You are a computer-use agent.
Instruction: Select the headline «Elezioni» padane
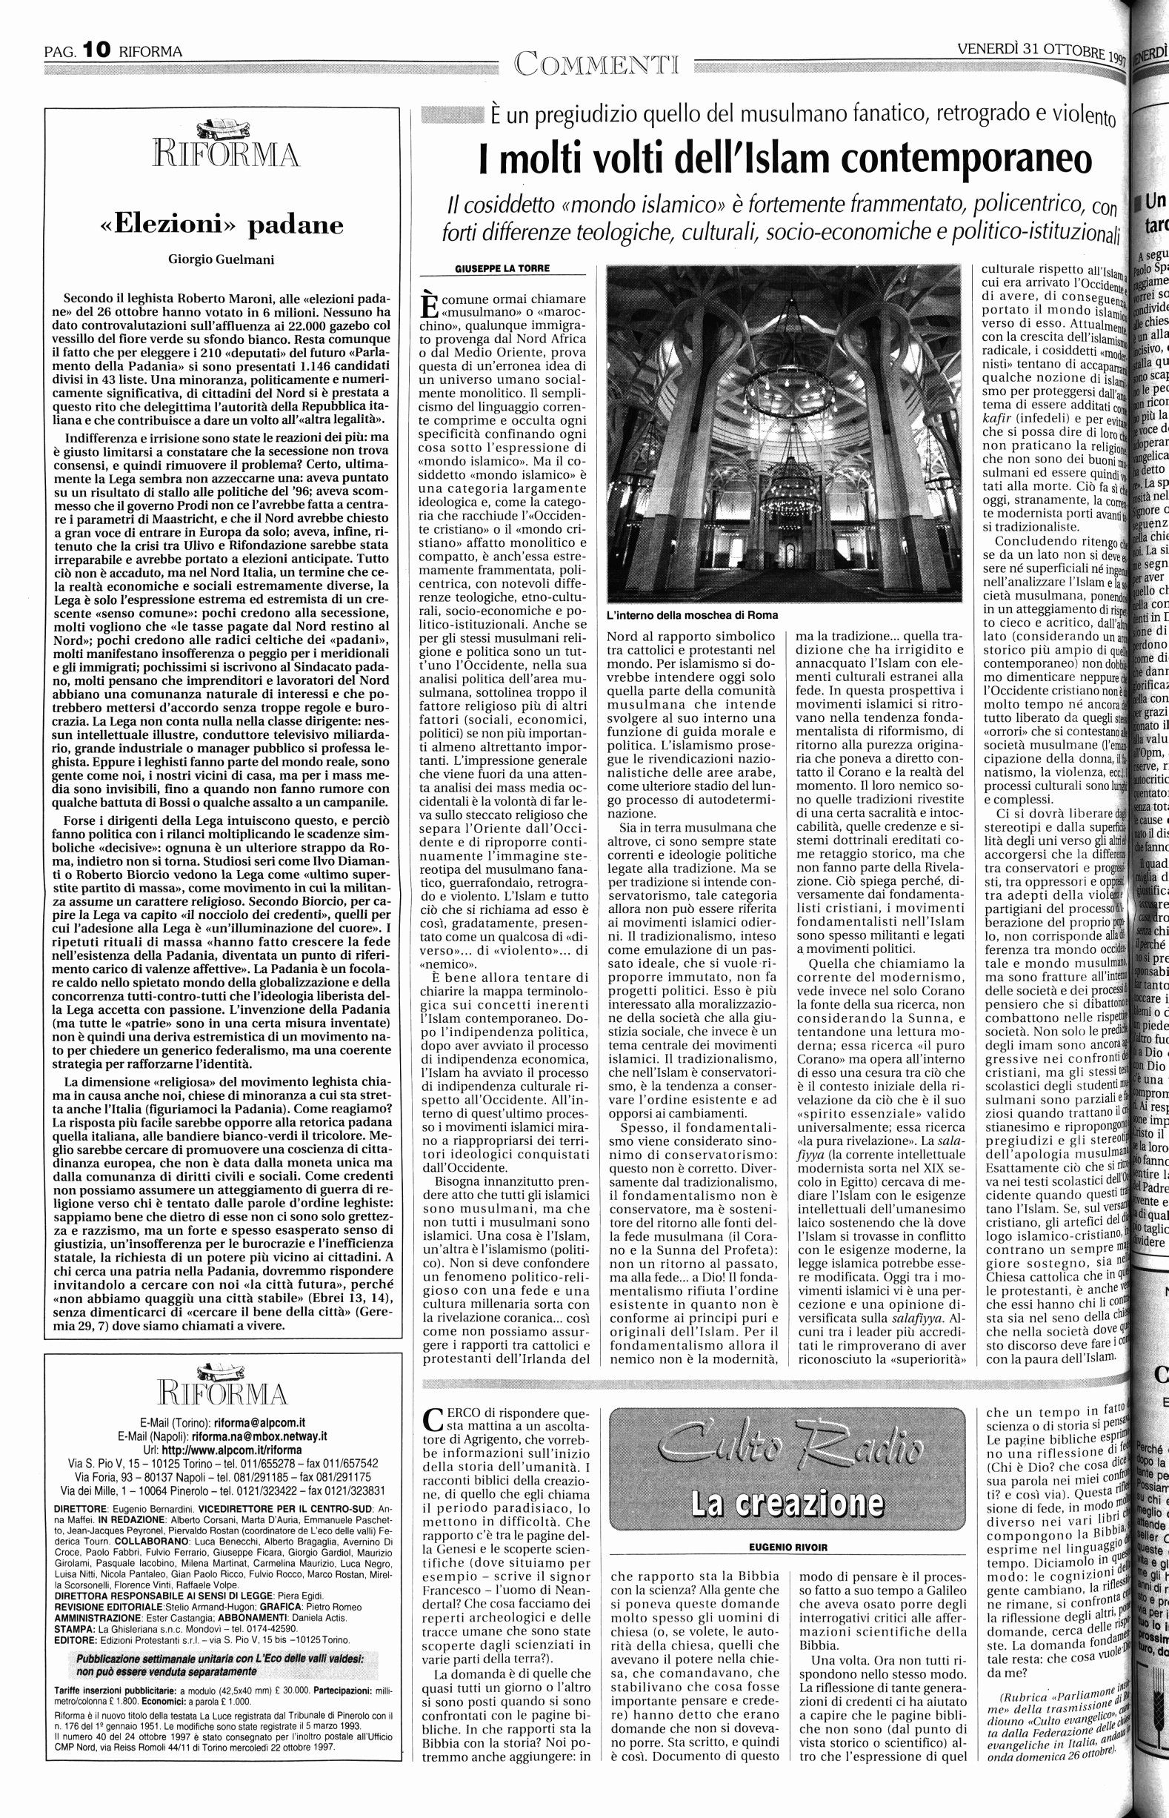click(x=222, y=225)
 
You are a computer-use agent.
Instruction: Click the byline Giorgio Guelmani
click(x=221, y=259)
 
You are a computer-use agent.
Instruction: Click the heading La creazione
click(x=787, y=1482)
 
